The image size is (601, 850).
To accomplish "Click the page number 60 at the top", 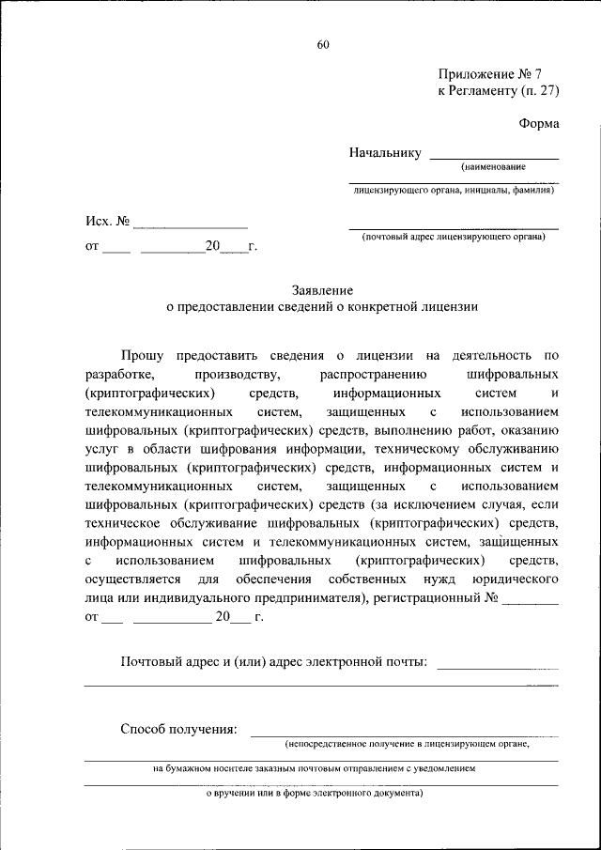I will point(323,44).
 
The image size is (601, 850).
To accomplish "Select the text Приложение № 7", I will point(484,73).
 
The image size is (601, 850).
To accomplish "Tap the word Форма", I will point(539,123).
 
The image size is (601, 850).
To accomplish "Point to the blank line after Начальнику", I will point(493,156).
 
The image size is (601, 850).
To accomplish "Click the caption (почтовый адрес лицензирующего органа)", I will point(454,237).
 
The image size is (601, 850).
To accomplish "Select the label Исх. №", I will point(107,222).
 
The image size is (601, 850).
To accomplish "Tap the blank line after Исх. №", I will point(190,225).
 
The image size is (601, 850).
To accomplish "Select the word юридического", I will point(516,580).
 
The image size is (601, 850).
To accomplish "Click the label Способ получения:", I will point(178,729).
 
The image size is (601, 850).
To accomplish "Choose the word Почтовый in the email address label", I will point(152,662).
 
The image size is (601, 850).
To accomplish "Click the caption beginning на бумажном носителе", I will point(315,768).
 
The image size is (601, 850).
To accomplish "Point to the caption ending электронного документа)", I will point(315,793).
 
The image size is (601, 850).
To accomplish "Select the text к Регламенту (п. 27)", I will point(498,91).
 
